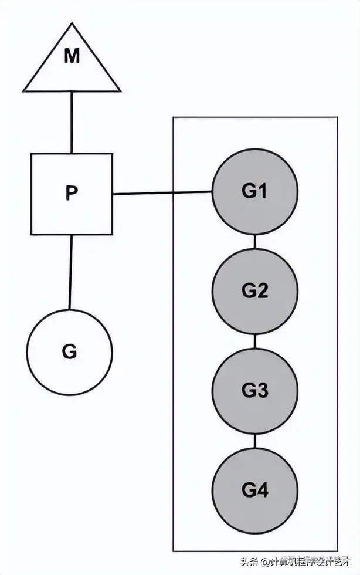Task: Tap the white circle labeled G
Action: pos(69,352)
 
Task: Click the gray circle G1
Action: pos(254,192)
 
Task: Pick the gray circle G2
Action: pos(254,291)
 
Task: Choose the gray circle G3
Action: pos(254,391)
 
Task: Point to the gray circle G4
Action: pos(254,491)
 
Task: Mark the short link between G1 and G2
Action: pos(254,241)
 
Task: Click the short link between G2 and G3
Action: pos(254,341)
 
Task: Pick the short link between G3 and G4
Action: pos(254,441)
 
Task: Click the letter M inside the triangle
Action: pos(72,56)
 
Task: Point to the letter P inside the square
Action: pos(72,194)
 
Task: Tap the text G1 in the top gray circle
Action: pos(254,192)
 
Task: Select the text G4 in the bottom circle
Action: pos(254,491)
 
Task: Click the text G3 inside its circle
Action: pos(254,391)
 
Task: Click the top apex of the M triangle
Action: pos(72,25)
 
